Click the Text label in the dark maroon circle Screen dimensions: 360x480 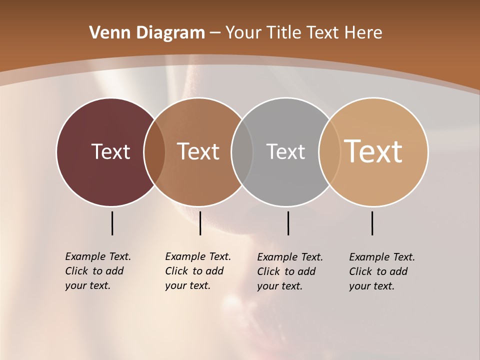pos(110,151)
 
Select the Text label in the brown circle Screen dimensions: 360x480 pos(198,151)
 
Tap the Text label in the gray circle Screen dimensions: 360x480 pos(285,151)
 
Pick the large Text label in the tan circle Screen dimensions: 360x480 pos(373,151)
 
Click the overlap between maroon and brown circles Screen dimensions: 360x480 pos(154,151)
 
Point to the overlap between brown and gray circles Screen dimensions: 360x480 pos(242,151)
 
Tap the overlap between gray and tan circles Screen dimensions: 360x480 pos(329,151)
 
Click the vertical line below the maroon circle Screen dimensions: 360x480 pos(112,223)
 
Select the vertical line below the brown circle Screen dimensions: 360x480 pos(200,223)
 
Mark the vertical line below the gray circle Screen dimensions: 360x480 pos(288,223)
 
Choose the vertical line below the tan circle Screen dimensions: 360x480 pos(372,223)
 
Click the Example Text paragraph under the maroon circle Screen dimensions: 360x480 pos(97,271)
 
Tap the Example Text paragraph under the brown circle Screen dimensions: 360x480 pos(197,271)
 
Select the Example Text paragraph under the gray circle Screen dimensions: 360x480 pos(289,271)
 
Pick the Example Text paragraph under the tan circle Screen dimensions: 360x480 pos(381,271)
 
